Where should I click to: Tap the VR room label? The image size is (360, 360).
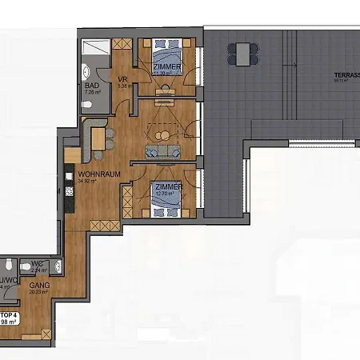pyautogui.click(x=123, y=79)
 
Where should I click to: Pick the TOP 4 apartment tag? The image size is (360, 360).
pyautogui.click(x=9, y=315)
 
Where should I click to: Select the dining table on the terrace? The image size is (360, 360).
pyautogui.click(x=243, y=54)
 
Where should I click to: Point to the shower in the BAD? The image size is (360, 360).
pyautogui.click(x=95, y=49)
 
